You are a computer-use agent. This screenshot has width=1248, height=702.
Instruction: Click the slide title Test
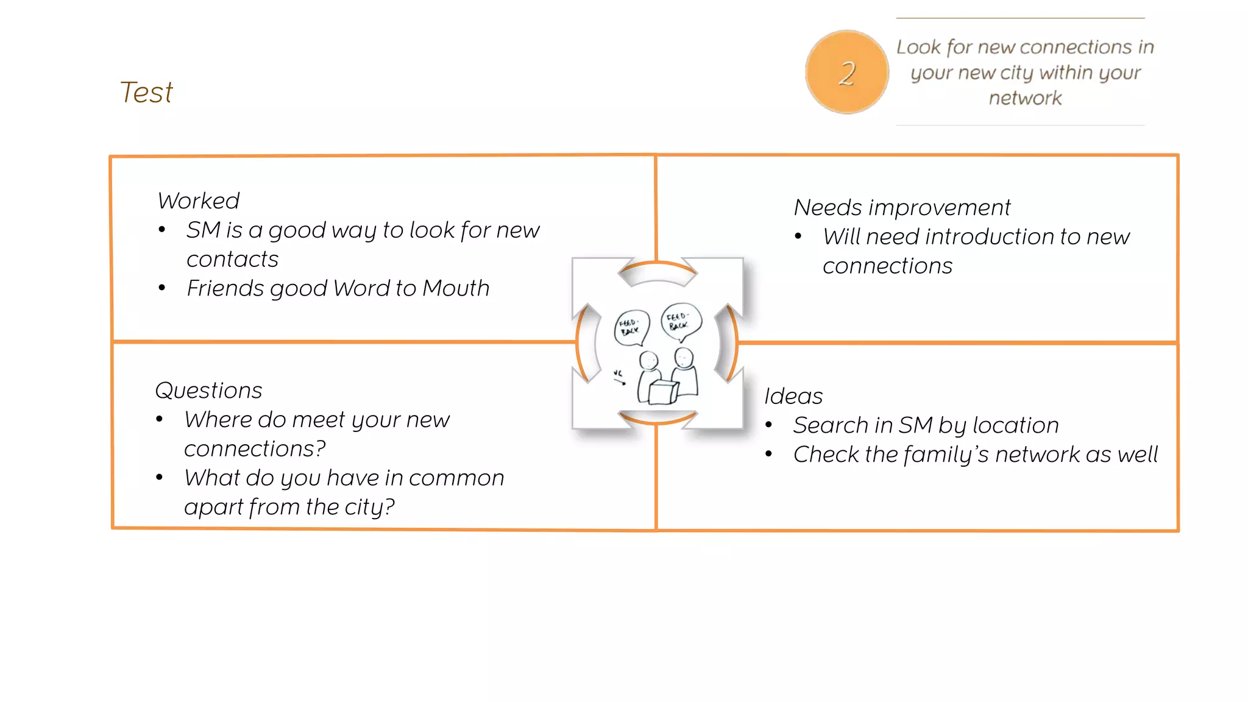(146, 93)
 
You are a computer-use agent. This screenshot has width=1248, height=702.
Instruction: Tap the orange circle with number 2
(846, 73)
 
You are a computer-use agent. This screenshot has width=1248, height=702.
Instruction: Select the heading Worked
(199, 200)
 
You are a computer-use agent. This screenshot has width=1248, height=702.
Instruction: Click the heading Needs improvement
(902, 208)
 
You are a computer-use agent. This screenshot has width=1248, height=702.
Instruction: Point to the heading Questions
(208, 390)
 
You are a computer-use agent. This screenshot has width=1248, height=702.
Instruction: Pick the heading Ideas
(793, 396)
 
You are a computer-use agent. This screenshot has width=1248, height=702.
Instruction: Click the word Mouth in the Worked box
(456, 288)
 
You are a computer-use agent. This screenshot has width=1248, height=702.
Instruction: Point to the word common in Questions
(456, 478)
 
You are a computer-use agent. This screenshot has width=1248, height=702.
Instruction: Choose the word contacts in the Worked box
(232, 260)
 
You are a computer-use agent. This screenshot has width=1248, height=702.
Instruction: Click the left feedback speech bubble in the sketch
(631, 327)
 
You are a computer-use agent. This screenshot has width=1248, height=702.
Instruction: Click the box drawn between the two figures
(663, 392)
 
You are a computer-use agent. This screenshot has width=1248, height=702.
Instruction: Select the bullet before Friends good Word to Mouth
(161, 288)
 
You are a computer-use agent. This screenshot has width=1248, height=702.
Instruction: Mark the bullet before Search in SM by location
(769, 425)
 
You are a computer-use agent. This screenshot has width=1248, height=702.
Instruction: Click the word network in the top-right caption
(1025, 98)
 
